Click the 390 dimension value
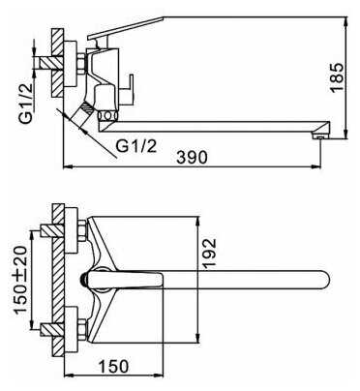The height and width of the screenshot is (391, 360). pyautogui.click(x=193, y=158)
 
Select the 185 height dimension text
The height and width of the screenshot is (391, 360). pyautogui.click(x=338, y=77)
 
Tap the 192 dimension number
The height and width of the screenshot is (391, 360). pyautogui.click(x=209, y=254)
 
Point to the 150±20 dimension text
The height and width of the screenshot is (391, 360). pyautogui.click(x=20, y=280)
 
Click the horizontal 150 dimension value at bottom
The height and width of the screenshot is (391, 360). pyautogui.click(x=113, y=366)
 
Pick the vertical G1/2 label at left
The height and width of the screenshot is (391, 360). pyautogui.click(x=25, y=103)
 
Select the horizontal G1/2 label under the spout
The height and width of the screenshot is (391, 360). pyautogui.click(x=136, y=146)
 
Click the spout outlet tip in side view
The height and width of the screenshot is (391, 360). pyautogui.click(x=320, y=137)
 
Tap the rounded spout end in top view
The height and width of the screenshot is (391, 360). pyautogui.click(x=324, y=280)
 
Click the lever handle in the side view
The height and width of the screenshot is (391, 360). pyautogui.click(x=126, y=29)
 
